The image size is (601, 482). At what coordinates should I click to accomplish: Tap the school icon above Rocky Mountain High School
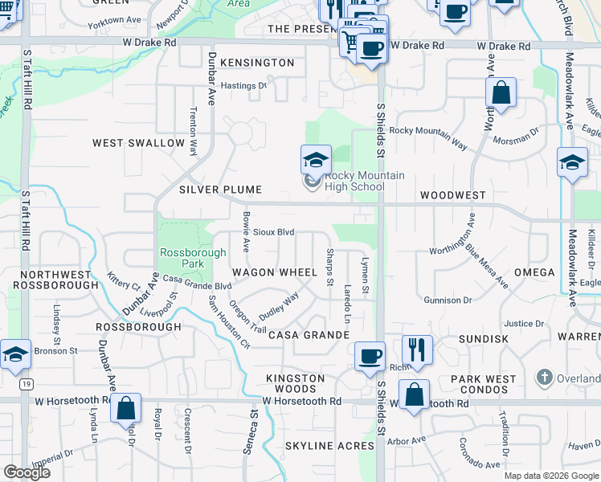tap(316, 159)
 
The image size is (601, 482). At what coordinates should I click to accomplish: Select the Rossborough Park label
tap(182, 257)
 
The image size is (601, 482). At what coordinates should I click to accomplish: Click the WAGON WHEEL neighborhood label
tap(275, 272)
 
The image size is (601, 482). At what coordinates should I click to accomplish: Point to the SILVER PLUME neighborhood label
tap(220, 190)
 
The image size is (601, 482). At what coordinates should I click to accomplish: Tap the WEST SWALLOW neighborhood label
tap(138, 143)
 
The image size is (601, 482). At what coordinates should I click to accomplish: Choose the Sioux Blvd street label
tap(273, 232)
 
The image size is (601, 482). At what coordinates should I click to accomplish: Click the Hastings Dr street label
tap(243, 85)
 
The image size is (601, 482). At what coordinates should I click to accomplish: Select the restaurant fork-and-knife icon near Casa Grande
tap(417, 349)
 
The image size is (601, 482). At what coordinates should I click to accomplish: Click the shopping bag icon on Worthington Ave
tap(501, 92)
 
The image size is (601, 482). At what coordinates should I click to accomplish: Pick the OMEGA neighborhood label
tap(534, 272)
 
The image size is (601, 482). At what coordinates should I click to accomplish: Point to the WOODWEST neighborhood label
tap(452, 195)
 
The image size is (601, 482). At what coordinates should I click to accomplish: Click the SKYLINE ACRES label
tap(329, 445)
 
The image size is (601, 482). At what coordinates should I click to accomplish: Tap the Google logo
tap(27, 472)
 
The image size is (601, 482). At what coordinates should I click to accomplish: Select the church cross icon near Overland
tap(544, 378)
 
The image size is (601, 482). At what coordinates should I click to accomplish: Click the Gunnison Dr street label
tap(448, 300)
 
